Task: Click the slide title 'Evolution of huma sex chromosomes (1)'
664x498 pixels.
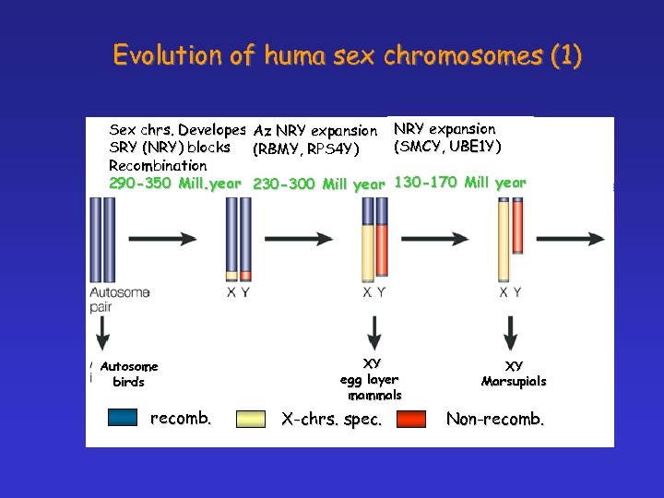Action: click(x=347, y=55)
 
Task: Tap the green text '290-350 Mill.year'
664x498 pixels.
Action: click(x=175, y=184)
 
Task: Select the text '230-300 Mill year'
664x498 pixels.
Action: click(x=318, y=184)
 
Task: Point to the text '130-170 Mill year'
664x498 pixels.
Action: click(x=459, y=183)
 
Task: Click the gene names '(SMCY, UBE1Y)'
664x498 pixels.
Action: click(x=447, y=147)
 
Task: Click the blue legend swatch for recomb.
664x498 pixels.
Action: click(x=123, y=418)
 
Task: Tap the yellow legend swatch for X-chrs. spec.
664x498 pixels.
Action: click(x=251, y=419)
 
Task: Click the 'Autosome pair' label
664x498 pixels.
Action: click(x=119, y=299)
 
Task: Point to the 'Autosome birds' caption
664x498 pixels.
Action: click(x=128, y=374)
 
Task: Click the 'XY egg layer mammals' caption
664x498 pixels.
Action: click(x=372, y=379)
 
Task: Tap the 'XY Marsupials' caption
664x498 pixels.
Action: click(x=514, y=373)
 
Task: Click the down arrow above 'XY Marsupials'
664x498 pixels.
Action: click(x=509, y=329)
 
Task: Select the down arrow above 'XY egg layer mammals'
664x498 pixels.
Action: click(x=374, y=329)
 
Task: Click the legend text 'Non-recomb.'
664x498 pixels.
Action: click(x=495, y=419)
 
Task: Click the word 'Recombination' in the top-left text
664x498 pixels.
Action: click(x=158, y=165)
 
